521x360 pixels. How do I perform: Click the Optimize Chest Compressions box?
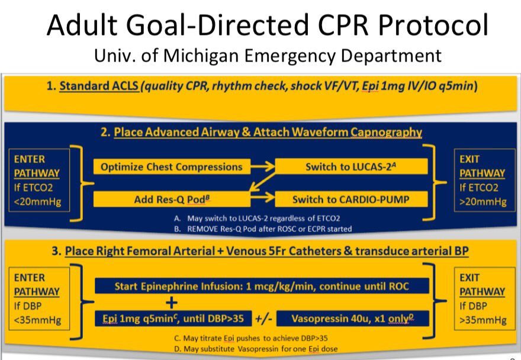pyautogui.click(x=171, y=167)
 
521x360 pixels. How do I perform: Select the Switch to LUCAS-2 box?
pyautogui.click(x=351, y=167)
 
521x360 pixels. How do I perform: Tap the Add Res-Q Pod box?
pyautogui.click(x=171, y=199)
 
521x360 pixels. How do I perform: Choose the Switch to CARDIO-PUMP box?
pyautogui.click(x=351, y=199)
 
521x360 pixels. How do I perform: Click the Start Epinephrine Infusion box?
pyautogui.click(x=262, y=287)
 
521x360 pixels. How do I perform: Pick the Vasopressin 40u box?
pyautogui.click(x=352, y=318)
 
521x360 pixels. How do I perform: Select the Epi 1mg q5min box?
pyautogui.click(x=173, y=318)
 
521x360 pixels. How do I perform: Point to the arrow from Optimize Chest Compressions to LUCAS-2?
pyautogui.click(x=262, y=167)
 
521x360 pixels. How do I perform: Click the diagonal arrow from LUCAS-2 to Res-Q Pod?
pyautogui.click(x=262, y=183)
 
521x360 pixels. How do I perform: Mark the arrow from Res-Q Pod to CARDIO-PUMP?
pyautogui.click(x=262, y=199)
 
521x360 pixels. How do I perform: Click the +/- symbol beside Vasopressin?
pyautogui.click(x=263, y=318)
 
